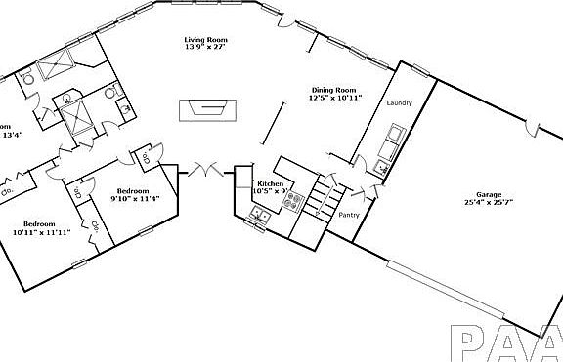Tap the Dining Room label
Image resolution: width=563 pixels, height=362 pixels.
coord(335,88)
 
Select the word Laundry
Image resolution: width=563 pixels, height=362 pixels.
coord(400,103)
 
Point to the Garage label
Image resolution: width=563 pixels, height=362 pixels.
coord(489,193)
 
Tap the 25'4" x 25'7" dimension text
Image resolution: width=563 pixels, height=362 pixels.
coord(489,202)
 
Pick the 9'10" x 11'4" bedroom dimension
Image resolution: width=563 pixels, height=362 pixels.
coord(135,199)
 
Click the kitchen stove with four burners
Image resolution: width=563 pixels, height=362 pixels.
coord(294,204)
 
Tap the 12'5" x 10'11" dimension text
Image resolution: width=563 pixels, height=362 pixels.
coord(335,97)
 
